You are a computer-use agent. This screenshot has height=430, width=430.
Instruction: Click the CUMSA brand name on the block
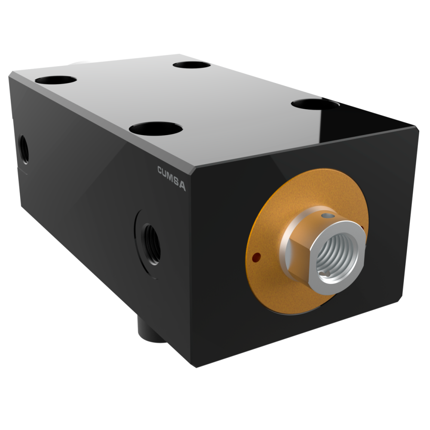pos(172,178)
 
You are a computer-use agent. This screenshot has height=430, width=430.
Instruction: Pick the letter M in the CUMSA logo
pos(171,178)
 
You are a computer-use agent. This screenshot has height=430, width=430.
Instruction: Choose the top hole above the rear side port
pos(55,80)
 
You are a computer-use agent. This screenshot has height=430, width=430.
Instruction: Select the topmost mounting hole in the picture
pos(192,65)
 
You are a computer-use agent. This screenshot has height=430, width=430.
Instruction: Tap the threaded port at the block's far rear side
pos(24,149)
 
